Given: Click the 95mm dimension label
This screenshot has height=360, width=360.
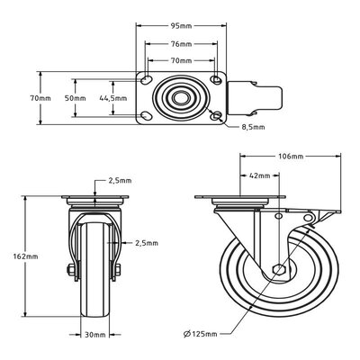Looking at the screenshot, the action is (x=181, y=26).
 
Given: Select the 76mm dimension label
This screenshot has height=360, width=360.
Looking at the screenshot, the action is (x=181, y=44).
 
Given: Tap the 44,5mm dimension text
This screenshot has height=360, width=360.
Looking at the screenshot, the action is (x=113, y=98).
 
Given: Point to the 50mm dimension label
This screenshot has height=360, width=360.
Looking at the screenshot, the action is (x=76, y=98).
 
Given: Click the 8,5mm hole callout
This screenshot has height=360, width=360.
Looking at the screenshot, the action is (x=254, y=127).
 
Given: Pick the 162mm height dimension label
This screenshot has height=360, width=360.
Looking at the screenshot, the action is (x=26, y=256).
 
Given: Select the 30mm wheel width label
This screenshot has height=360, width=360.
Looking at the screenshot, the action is (x=95, y=335).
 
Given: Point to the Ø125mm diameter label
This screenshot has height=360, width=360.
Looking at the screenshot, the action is (x=201, y=334).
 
